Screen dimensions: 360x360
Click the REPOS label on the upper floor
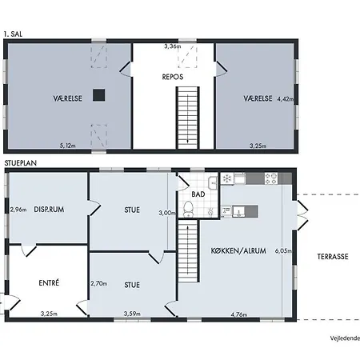tap(173, 77)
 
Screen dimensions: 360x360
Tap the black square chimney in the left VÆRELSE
tap(98, 95)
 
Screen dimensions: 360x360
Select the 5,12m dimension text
tap(67, 146)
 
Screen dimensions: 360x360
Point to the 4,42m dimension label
tap(286, 99)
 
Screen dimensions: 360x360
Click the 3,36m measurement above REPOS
tap(173, 46)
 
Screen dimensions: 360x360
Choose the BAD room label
tap(198, 194)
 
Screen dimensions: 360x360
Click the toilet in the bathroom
tap(189, 209)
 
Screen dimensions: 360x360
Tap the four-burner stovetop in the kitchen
tap(271, 178)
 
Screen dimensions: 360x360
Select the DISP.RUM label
tap(49, 210)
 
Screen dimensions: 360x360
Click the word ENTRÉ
tap(49, 282)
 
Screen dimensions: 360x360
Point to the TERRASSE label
tap(333, 257)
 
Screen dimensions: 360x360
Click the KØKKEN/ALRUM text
tap(238, 250)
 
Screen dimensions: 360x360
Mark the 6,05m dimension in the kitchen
tap(283, 251)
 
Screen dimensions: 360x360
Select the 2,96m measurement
tap(18, 210)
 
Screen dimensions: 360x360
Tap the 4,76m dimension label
tap(239, 314)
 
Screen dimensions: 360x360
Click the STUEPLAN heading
tap(21, 163)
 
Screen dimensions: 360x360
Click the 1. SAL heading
tap(13, 34)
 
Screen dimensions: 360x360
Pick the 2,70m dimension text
tap(99, 283)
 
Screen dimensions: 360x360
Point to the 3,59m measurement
tap(132, 314)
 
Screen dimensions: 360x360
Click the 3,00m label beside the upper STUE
tap(167, 213)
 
